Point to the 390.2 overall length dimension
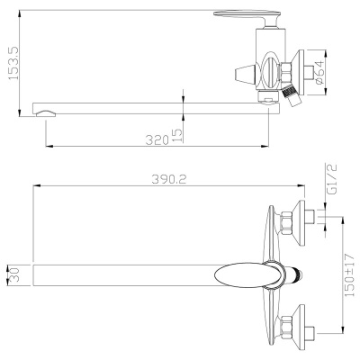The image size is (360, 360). point(168,179)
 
